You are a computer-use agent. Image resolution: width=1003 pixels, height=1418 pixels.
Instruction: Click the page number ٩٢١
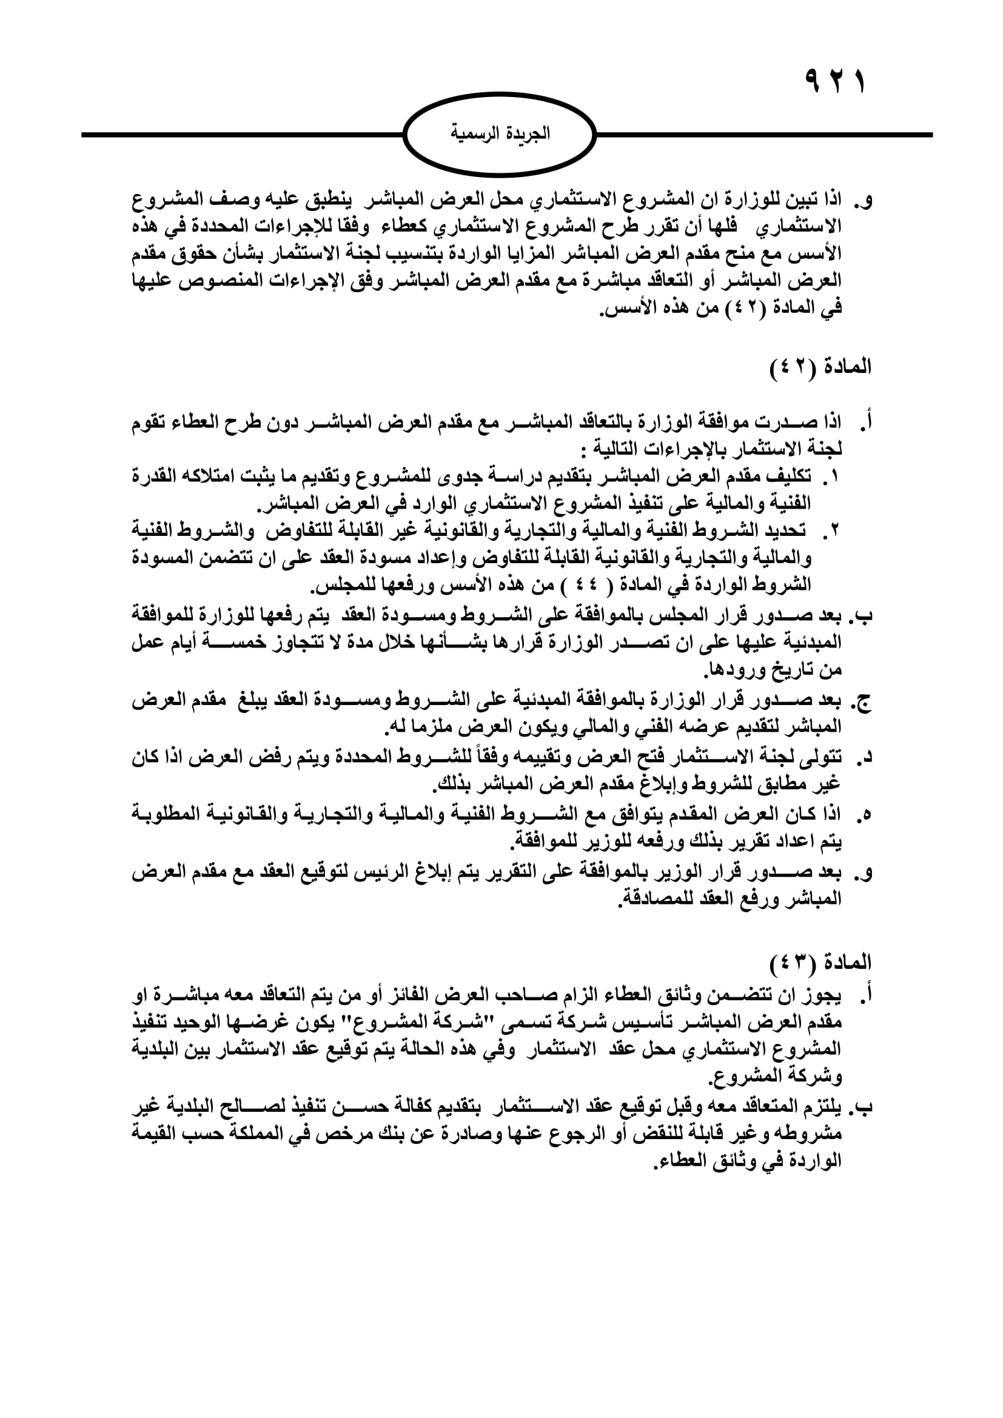(x=834, y=82)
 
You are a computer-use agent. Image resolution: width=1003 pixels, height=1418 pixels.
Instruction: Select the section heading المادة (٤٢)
(x=821, y=367)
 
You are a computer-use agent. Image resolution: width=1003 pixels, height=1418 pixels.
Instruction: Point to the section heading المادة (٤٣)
(x=821, y=962)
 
